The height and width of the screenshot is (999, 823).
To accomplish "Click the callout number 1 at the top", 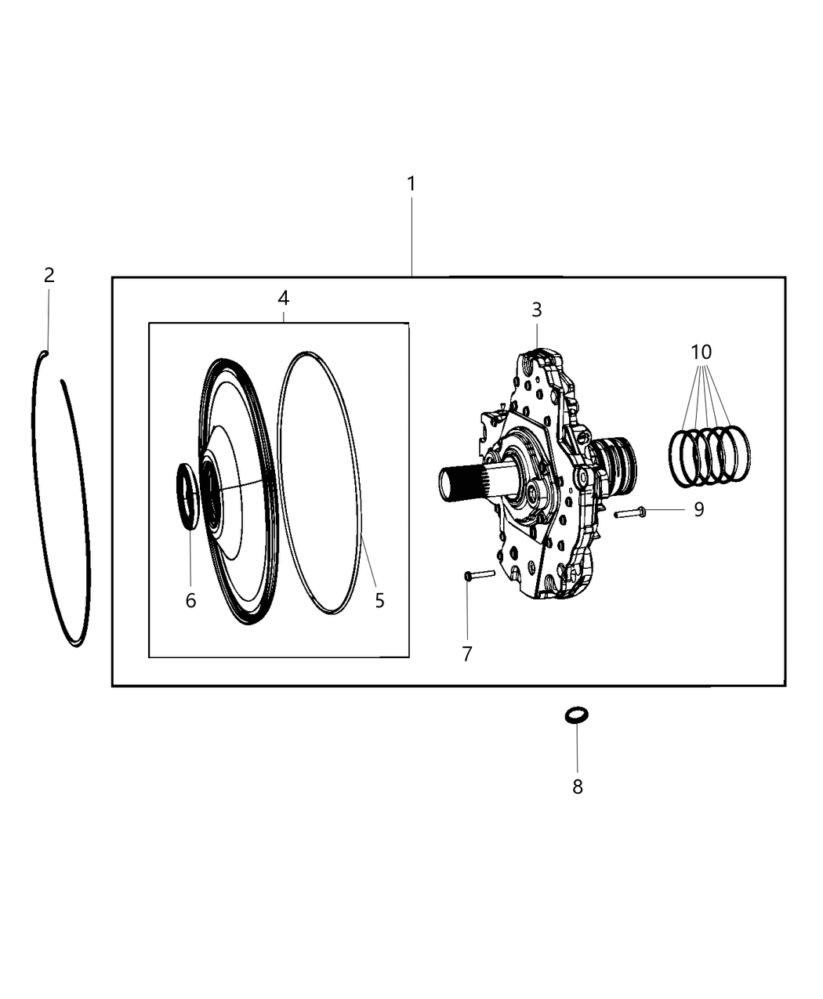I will (411, 184).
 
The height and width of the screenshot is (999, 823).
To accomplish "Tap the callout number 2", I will (49, 275).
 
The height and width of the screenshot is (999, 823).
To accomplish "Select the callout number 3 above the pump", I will (536, 309).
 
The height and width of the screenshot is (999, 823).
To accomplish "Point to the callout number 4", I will (283, 298).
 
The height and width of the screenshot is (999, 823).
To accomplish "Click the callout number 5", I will (379, 600).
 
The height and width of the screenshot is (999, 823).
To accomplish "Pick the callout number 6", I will (190, 600).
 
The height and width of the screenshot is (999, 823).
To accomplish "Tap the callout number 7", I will (467, 653).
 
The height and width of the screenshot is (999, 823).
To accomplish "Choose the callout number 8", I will (578, 787).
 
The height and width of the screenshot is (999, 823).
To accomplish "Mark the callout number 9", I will (698, 509).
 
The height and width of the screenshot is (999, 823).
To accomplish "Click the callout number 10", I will (702, 352).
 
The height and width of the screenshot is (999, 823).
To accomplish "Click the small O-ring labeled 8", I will (577, 715).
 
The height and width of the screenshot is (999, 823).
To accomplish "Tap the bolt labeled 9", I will (629, 513).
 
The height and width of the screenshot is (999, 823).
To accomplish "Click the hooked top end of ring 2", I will (43, 354).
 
